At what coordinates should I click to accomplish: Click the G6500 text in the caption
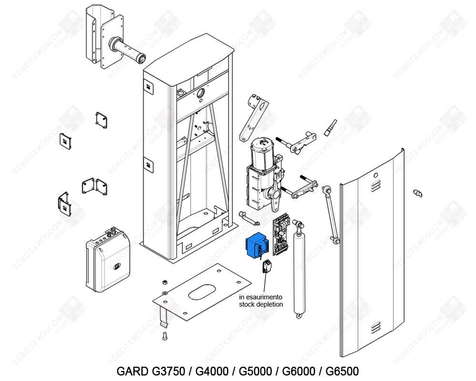pos(342,371)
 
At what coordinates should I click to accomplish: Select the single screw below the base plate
pos(165,337)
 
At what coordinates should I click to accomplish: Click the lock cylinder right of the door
pos(418,193)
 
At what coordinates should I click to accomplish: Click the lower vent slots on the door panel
pos(376,327)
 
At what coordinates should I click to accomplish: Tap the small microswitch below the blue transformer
pos(266,267)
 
